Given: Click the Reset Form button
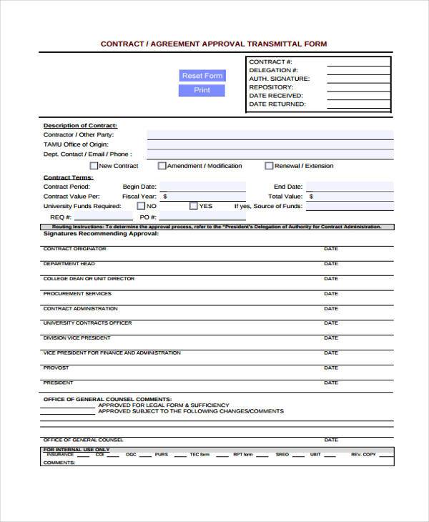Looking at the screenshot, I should click(x=202, y=76).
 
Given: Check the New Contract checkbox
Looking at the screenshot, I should click(x=94, y=166).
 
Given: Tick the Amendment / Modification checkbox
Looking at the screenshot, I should click(x=162, y=166).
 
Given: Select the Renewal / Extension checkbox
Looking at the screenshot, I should click(x=269, y=166).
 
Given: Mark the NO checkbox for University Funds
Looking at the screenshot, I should click(x=141, y=206).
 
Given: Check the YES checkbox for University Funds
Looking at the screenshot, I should click(x=194, y=206).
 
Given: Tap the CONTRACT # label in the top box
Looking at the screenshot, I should click(x=270, y=62).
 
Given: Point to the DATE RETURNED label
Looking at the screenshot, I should click(x=277, y=104).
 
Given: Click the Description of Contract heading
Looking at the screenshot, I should click(x=80, y=125).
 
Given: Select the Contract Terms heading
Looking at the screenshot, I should click(x=68, y=177).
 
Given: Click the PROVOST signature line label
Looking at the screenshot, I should click(x=56, y=368).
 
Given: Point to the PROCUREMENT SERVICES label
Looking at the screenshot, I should click(x=77, y=293).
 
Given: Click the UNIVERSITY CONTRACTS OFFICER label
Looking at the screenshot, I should click(x=87, y=322).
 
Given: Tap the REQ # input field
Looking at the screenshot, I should click(x=104, y=217).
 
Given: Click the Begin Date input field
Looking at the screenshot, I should click(x=202, y=186).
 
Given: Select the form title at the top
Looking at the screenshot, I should click(x=214, y=44).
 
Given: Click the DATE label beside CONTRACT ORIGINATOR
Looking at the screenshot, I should click(x=330, y=249).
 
